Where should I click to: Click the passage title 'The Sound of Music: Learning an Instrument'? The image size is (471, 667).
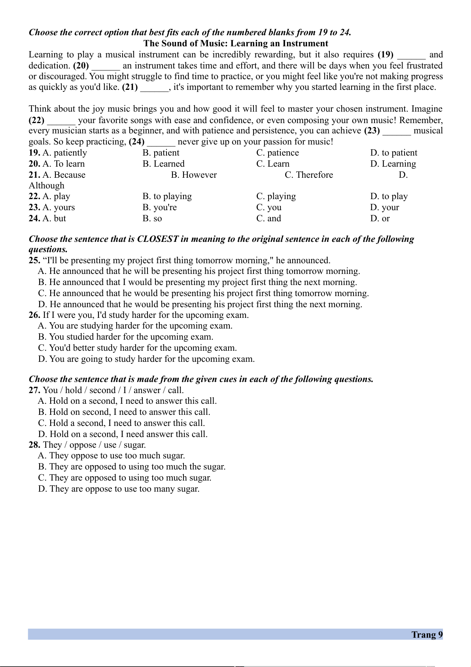pyautogui.click(x=236, y=44)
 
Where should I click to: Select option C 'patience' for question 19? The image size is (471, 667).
pyautogui.click(x=278, y=153)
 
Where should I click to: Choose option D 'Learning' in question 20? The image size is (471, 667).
pyautogui.click(x=393, y=164)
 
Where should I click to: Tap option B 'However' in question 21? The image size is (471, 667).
pyautogui.click(x=194, y=175)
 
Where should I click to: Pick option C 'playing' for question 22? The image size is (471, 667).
pyautogui.click(x=276, y=196)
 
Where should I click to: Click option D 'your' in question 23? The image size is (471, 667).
pyautogui.click(x=385, y=207)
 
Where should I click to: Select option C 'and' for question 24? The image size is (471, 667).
pyautogui.click(x=269, y=219)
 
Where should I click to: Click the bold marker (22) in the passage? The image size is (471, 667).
pyautogui.click(x=36, y=120)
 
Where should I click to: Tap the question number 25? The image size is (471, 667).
pyautogui.click(x=34, y=260)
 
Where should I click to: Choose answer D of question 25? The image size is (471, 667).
pyautogui.click(x=200, y=304)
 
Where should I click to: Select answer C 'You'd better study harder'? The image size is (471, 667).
pyautogui.click(x=137, y=348)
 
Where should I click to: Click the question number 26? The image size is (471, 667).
pyautogui.click(x=34, y=315)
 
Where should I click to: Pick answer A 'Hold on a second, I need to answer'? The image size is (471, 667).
pyautogui.click(x=127, y=401)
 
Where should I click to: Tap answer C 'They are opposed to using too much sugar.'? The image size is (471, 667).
pyautogui.click(x=125, y=478)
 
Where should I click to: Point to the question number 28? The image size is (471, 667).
pyautogui.click(x=34, y=445)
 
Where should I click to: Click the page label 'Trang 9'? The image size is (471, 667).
pyautogui.click(x=427, y=635)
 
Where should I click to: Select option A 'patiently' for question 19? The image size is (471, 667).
pyautogui.click(x=64, y=153)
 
